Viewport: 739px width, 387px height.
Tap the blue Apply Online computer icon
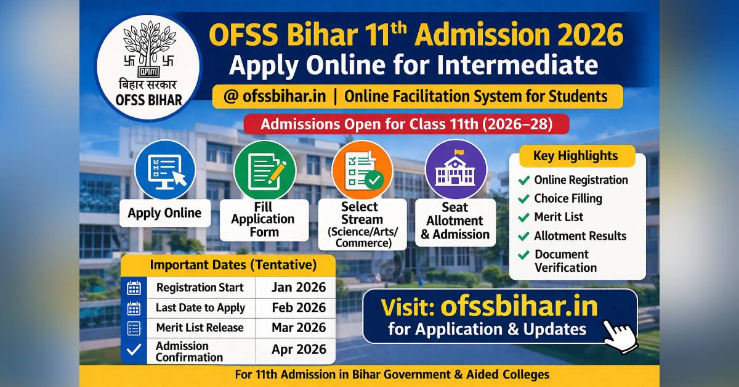[x=164, y=170]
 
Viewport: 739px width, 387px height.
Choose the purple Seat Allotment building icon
[x=456, y=170]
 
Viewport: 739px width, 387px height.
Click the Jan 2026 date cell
[x=299, y=288]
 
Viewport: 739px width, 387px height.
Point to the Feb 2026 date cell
[x=299, y=308]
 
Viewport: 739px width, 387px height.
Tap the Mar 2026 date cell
[x=299, y=328]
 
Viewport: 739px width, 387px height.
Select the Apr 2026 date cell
[x=299, y=349]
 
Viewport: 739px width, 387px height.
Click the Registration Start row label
[x=200, y=288]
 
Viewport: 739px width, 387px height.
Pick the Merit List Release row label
[x=200, y=328]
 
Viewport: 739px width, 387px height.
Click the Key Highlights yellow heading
[x=576, y=155]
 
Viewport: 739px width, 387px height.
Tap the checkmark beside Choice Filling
[x=524, y=198]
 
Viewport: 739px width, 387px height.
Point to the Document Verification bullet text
[x=565, y=261]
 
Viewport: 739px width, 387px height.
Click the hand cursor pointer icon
[x=618, y=335]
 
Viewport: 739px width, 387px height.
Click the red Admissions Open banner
[x=406, y=124]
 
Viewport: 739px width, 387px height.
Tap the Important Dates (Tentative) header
[x=233, y=266]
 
